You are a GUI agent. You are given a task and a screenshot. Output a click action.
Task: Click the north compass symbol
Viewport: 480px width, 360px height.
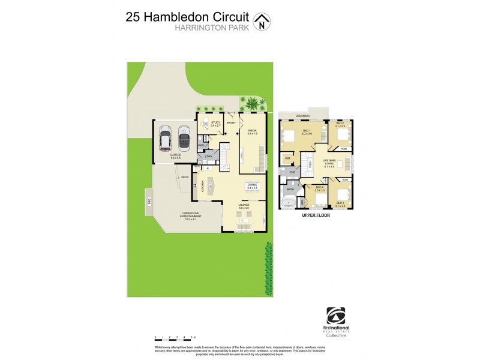(x=262, y=22)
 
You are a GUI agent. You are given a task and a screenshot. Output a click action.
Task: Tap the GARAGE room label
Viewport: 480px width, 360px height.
(x=175, y=155)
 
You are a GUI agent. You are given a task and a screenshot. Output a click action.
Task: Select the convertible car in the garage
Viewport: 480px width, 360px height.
(x=183, y=137)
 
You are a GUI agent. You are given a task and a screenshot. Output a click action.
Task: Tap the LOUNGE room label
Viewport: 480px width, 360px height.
(x=244, y=206)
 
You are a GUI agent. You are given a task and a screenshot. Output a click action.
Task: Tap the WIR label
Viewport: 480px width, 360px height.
(x=287, y=159)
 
